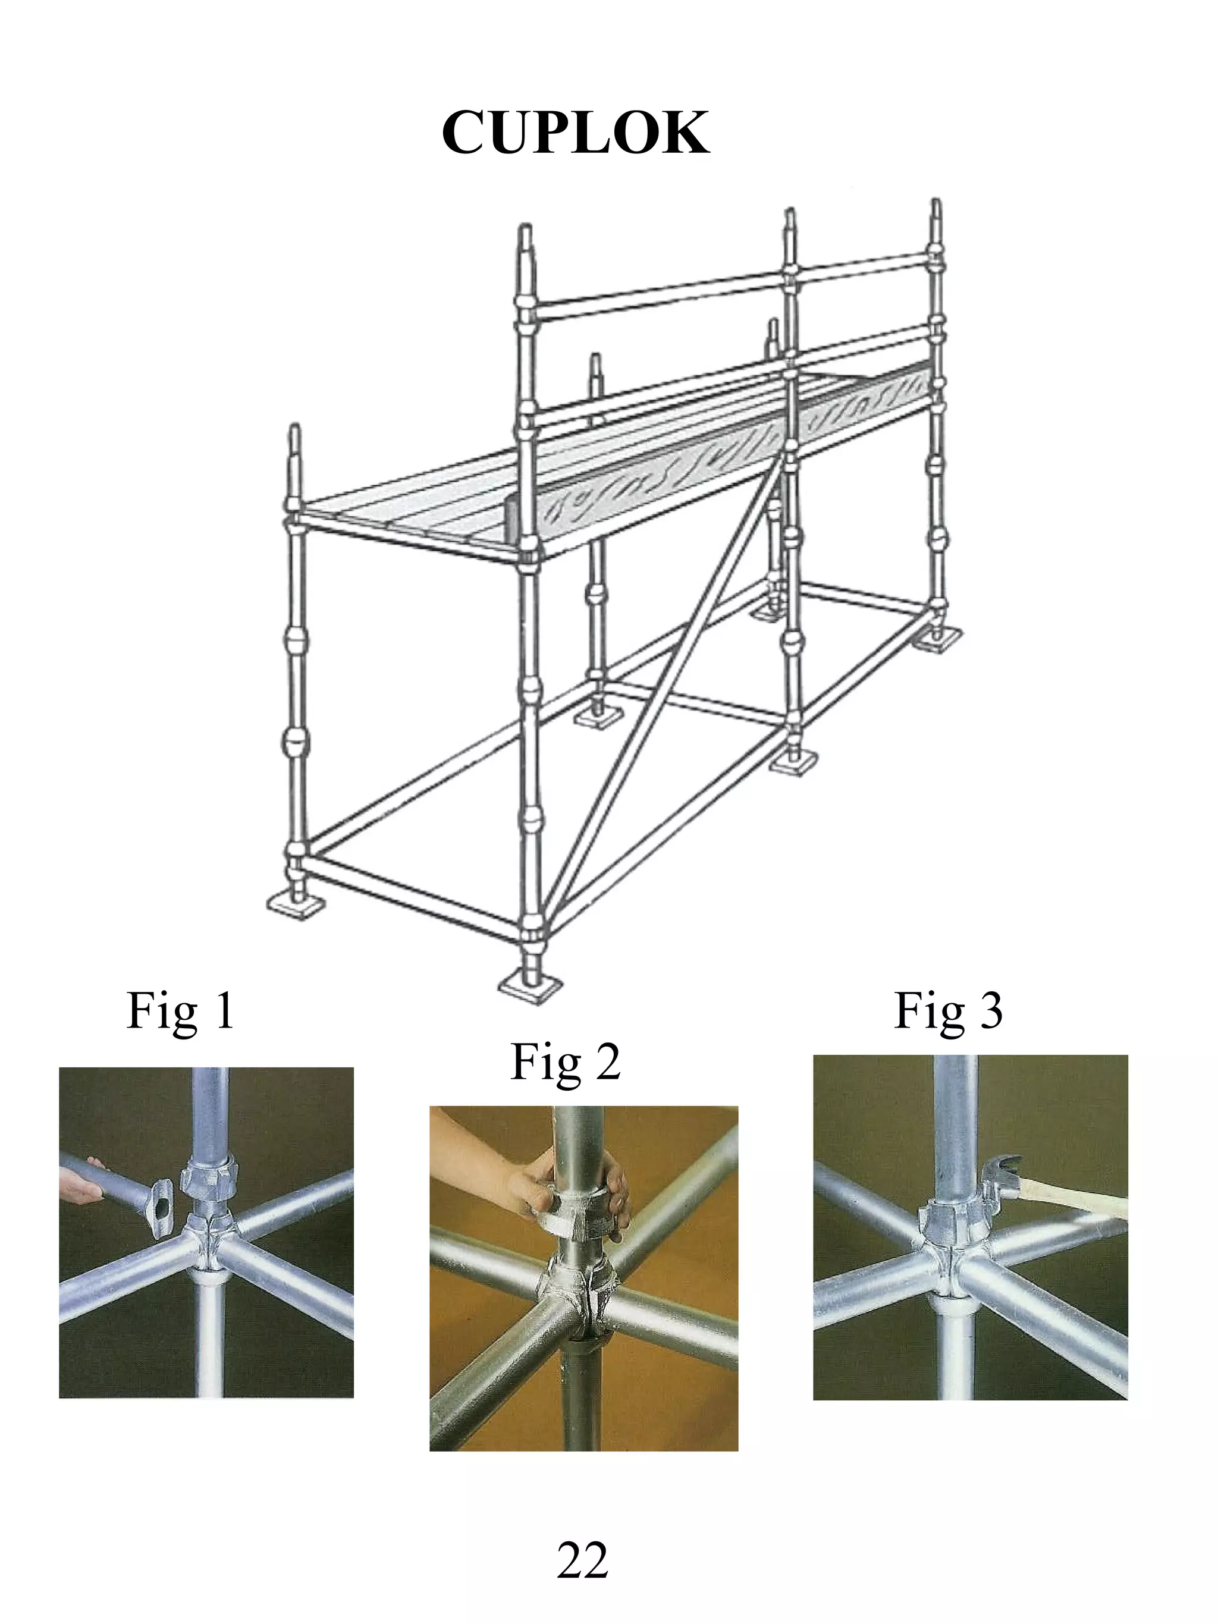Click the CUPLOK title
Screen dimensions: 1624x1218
click(576, 133)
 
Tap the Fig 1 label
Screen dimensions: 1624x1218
click(181, 1012)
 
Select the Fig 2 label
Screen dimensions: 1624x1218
click(566, 1063)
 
